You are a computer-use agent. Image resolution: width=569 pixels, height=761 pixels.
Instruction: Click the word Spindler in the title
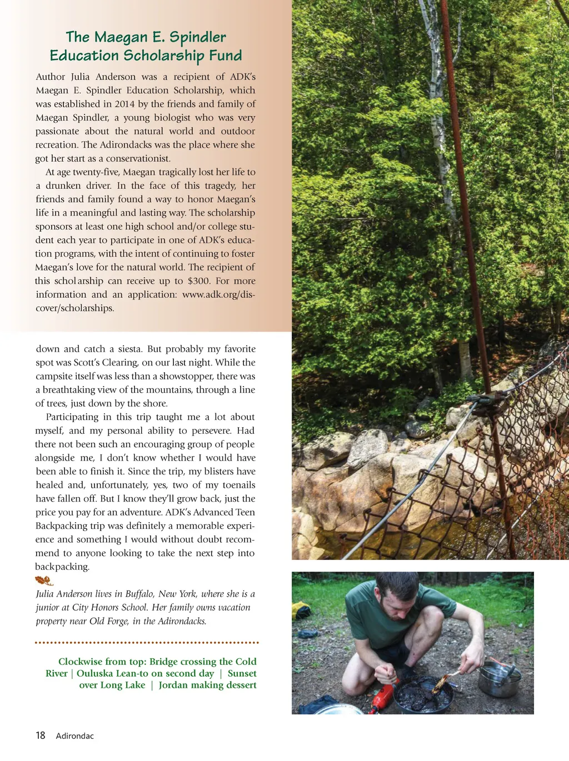197,38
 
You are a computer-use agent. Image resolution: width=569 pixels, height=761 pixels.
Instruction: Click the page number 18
41,735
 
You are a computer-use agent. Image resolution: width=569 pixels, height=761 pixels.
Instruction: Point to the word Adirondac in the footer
75,736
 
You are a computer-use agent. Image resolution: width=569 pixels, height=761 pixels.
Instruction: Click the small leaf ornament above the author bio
44,581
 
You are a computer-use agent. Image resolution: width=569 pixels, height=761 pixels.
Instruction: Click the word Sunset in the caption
242,673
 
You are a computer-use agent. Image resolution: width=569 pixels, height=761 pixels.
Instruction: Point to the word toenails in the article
238,485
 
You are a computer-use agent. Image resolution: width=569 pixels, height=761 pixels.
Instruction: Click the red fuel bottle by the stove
384,696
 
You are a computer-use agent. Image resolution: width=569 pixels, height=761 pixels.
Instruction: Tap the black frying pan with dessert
422,694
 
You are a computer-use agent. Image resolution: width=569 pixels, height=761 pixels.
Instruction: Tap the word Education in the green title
84,56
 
